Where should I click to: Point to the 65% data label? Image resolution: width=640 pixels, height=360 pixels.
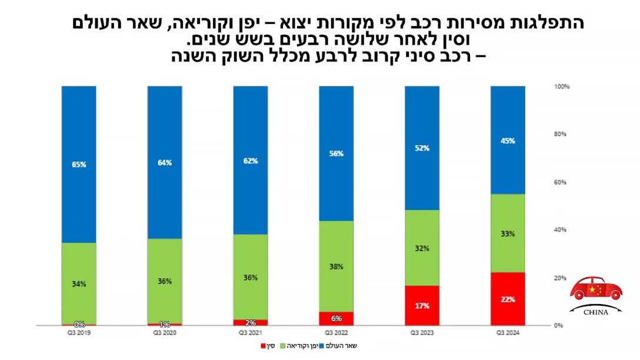pos(79,165)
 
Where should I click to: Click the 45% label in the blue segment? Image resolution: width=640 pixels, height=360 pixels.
pos(508,141)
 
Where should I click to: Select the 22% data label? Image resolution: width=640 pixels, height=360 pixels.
pos(508,299)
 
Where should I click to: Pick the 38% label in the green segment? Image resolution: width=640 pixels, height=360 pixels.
pos(336,266)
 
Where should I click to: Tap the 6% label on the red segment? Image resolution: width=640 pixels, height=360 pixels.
pos(336,318)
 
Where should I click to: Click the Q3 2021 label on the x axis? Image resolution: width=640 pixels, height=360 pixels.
pos(250,333)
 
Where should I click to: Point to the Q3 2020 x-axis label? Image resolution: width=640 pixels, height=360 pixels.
pos(164,333)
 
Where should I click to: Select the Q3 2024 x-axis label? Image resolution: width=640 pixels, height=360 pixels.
pos(508,333)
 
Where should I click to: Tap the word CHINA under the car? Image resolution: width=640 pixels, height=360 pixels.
pos(596,312)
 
